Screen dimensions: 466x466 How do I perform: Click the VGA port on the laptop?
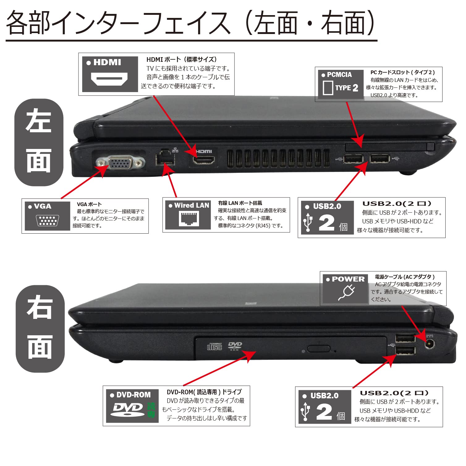pyautogui.click(x=120, y=163)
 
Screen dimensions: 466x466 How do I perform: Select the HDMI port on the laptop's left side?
pyautogui.click(x=204, y=160)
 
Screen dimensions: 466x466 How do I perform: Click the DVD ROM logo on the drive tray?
pyautogui.click(x=235, y=346)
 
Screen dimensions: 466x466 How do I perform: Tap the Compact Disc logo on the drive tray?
pyautogui.click(x=214, y=346)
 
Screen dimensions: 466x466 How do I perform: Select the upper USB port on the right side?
pyautogui.click(x=405, y=338)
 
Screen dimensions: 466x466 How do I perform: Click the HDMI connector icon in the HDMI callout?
pyautogui.click(x=109, y=79)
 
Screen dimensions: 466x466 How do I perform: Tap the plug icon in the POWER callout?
pyautogui.click(x=346, y=292)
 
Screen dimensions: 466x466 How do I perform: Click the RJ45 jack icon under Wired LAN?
pyautogui.click(x=189, y=219)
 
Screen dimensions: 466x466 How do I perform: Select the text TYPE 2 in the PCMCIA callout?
pyautogui.click(x=347, y=88)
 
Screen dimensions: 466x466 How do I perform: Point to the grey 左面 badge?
pyautogui.click(x=39, y=142)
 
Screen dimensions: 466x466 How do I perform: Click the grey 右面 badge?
pyautogui.click(x=40, y=328)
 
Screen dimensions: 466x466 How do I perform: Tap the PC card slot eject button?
pyautogui.click(x=430, y=146)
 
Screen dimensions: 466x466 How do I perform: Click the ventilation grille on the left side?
pyautogui.click(x=278, y=159)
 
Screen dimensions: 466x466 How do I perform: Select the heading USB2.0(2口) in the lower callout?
pyautogui.click(x=394, y=393)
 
